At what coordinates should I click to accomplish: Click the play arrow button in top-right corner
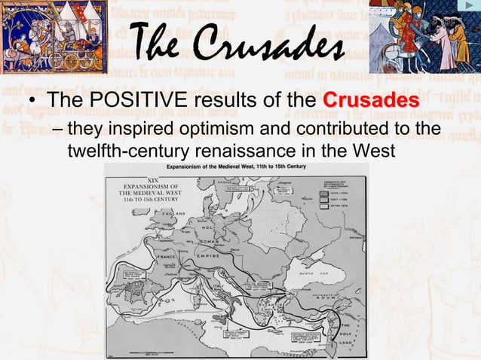(x=467, y=8)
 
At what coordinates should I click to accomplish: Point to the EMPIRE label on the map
(x=207, y=255)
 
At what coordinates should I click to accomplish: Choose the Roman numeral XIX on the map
(x=153, y=179)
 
